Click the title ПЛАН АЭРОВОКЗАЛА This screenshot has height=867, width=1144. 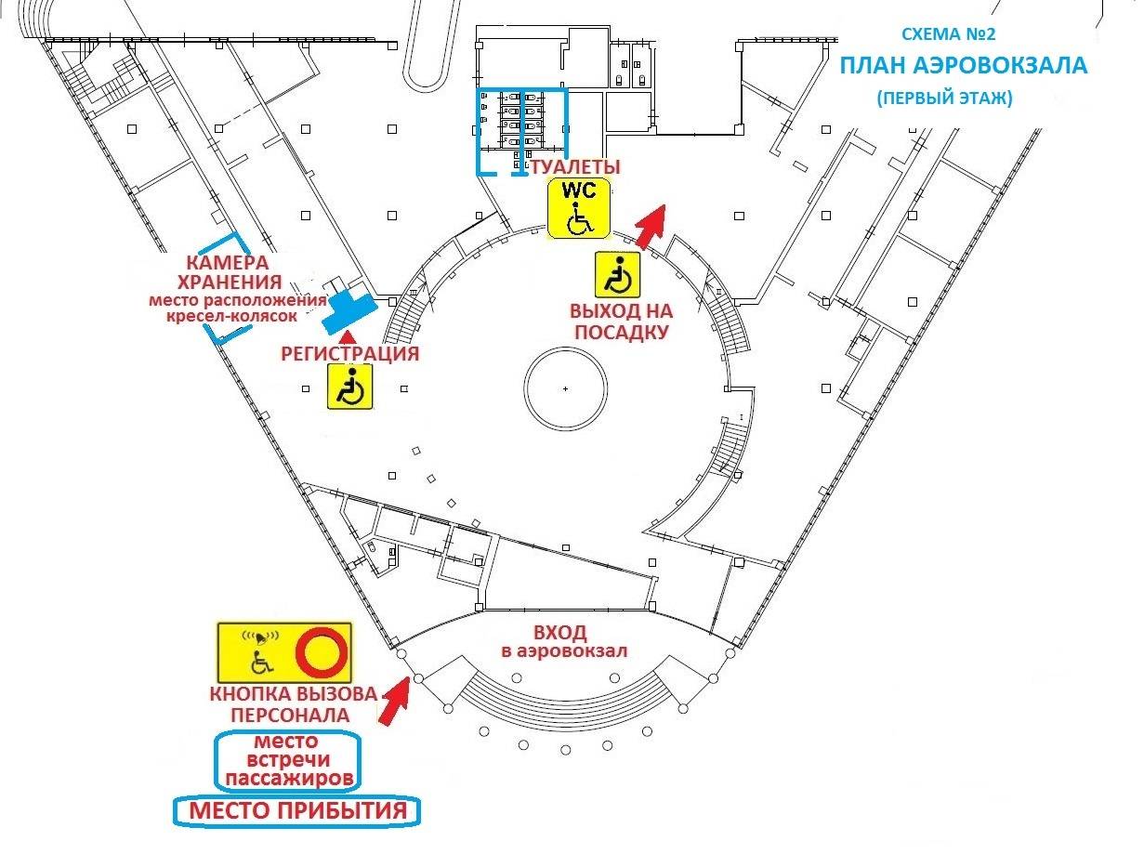click(964, 66)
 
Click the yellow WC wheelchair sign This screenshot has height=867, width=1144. click(578, 207)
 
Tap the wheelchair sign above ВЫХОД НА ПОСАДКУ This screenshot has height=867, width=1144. click(618, 275)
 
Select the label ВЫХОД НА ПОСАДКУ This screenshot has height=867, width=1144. click(621, 321)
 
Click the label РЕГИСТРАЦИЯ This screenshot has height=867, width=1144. click(349, 353)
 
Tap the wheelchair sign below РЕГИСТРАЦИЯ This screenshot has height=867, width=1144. click(349, 386)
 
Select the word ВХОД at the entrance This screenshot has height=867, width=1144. click(566, 633)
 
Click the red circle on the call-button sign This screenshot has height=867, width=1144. click(322, 650)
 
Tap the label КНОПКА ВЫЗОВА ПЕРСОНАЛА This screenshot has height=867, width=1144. click(293, 704)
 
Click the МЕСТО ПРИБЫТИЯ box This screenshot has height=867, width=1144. click(298, 811)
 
